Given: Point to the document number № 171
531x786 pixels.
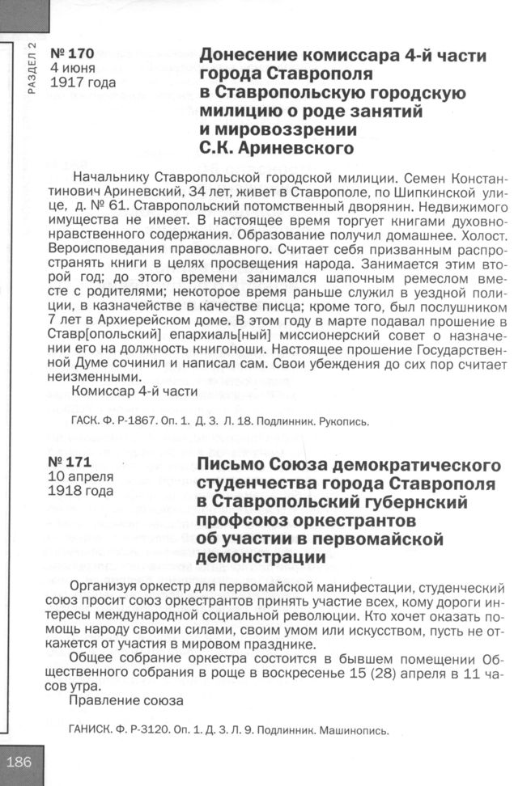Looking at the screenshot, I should [71, 463].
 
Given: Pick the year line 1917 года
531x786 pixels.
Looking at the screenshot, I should [83, 82].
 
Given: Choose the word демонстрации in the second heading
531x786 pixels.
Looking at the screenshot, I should [262, 558].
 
